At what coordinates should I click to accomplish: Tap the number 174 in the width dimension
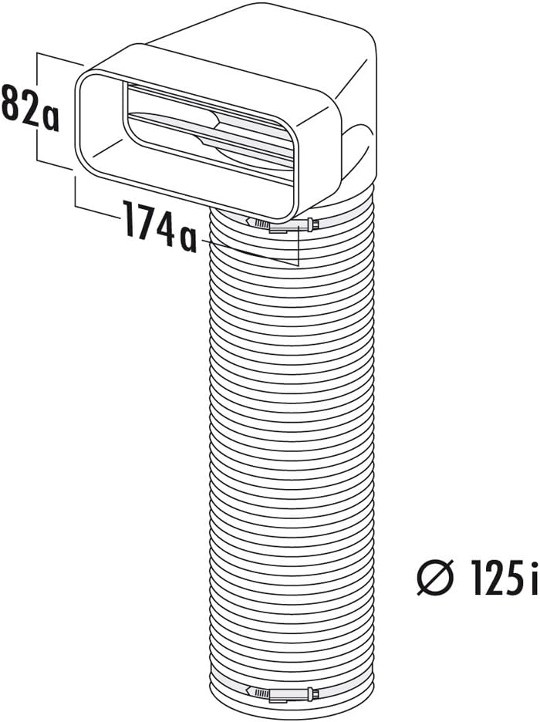(x=148, y=222)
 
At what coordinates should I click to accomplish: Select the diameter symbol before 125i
(x=435, y=576)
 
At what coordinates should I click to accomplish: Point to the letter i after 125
(x=533, y=576)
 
